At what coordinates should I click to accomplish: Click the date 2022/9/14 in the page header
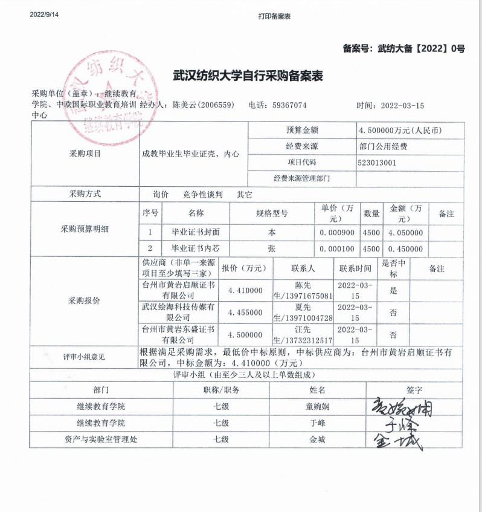coord(44,15)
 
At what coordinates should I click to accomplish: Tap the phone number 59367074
coord(289,105)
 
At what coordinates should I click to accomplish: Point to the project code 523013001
coord(377,163)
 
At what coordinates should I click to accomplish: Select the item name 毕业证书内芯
coord(196,248)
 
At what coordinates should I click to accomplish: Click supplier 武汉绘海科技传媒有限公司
coord(178,313)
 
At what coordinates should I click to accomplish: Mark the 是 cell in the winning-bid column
coord(393,291)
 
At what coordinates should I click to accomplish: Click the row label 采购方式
coord(85,195)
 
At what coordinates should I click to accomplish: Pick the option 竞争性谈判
coord(203,195)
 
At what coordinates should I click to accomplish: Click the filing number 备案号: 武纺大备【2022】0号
coord(403,49)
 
